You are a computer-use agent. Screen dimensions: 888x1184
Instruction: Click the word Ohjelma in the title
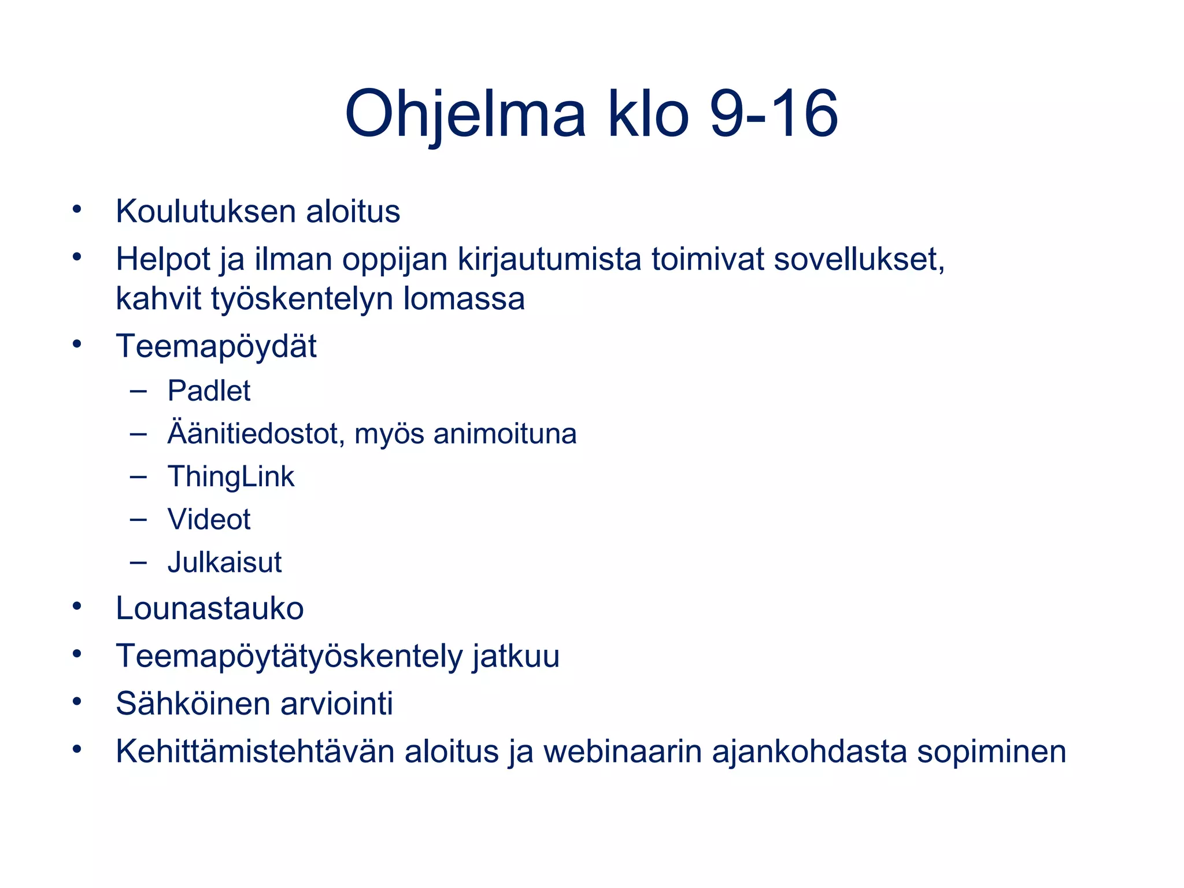click(x=465, y=114)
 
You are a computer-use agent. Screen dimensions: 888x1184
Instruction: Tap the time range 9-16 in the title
click(x=774, y=114)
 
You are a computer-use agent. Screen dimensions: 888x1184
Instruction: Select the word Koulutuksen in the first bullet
click(x=206, y=212)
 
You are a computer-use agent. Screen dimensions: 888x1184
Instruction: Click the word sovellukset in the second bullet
click(x=859, y=259)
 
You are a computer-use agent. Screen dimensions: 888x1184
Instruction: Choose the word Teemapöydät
click(x=216, y=347)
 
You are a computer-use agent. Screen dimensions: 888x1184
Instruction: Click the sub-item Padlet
click(x=209, y=391)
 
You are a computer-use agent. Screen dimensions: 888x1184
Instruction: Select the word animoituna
click(x=505, y=434)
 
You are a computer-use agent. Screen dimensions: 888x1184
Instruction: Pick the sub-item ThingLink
click(x=231, y=477)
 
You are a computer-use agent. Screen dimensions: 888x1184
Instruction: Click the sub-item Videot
click(x=209, y=519)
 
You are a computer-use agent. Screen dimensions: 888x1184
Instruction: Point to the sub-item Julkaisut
click(x=224, y=563)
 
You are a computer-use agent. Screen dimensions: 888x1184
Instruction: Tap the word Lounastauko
click(x=209, y=609)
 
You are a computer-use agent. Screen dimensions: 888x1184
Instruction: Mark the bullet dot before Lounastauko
click(x=77, y=606)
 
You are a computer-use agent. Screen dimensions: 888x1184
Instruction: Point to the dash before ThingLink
click(x=138, y=477)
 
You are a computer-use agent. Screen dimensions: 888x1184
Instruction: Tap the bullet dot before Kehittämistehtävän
click(x=77, y=749)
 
